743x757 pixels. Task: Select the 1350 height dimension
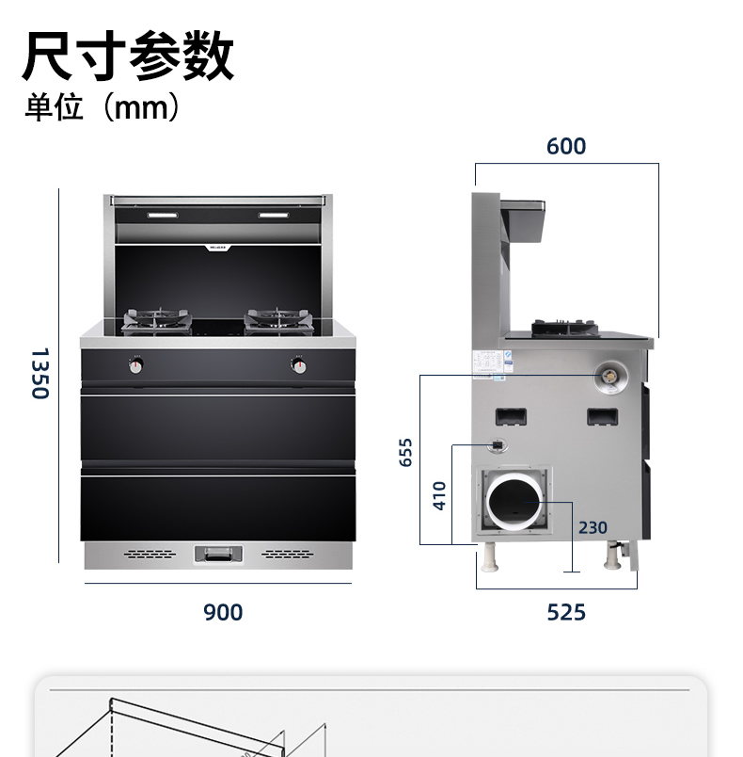tap(40, 373)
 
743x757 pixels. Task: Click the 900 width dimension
tap(223, 612)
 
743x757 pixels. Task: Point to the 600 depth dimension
tap(565, 146)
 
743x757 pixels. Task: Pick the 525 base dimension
tap(566, 612)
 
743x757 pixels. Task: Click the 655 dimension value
tap(406, 453)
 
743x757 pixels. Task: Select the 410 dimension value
tap(439, 495)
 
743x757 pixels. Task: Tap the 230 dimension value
tap(593, 527)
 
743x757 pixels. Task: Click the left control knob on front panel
tap(137, 364)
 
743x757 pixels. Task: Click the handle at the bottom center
tap(218, 554)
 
